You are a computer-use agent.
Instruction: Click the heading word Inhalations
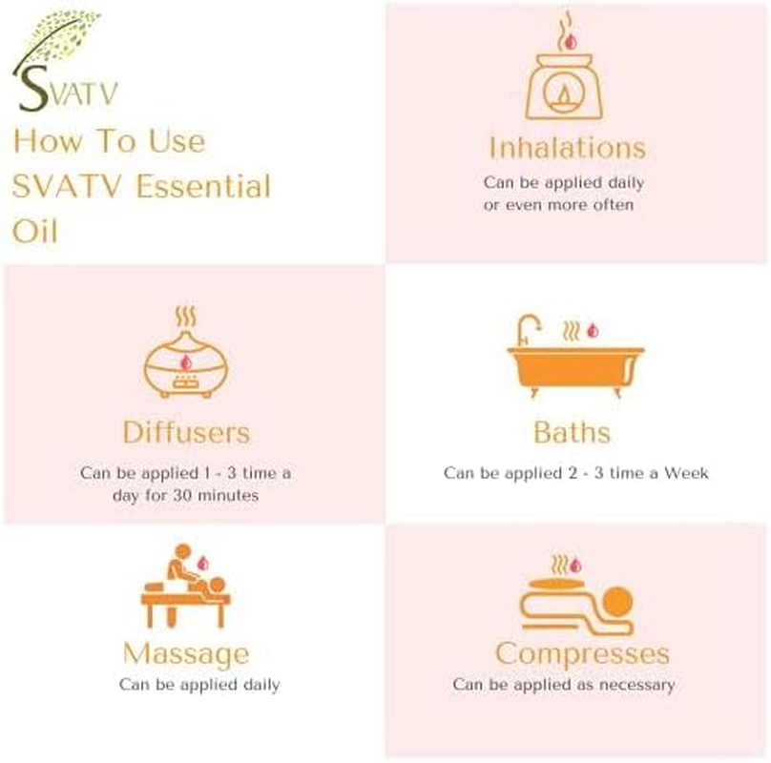point(567,148)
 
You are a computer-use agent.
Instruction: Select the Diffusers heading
point(186,432)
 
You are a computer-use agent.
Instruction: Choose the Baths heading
point(572,432)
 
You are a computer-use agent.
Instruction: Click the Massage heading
point(185,654)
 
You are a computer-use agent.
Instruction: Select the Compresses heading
point(582,654)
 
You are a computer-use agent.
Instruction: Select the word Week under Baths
point(687,473)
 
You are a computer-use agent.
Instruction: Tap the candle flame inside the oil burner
point(567,95)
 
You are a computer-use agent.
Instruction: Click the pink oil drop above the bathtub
point(592,331)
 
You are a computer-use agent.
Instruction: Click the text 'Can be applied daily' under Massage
point(199,685)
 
